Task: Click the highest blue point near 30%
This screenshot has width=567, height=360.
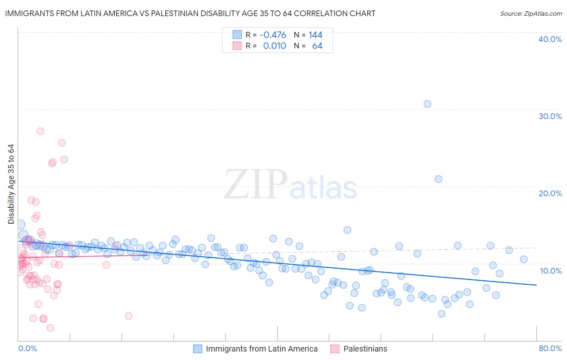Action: pyautogui.click(x=427, y=104)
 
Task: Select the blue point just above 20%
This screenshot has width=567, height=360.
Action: pyautogui.click(x=438, y=179)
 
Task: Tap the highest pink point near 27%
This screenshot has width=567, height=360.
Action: pyautogui.click(x=40, y=131)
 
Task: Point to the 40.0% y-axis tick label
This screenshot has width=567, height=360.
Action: pyautogui.click(x=550, y=39)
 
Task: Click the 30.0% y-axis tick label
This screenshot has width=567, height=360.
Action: pyautogui.click(x=550, y=116)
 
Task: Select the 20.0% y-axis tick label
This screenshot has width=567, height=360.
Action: pyautogui.click(x=550, y=193)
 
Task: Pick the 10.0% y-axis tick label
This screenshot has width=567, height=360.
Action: pyautogui.click(x=551, y=271)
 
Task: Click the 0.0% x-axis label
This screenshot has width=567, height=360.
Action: pyautogui.click(x=27, y=348)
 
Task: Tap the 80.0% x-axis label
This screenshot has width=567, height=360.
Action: pyautogui.click(x=550, y=348)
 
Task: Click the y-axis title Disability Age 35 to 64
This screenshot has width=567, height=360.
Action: pyautogui.click(x=11, y=184)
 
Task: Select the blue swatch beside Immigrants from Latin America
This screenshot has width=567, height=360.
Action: pyautogui.click(x=198, y=349)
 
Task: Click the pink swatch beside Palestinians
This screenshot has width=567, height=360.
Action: pyautogui.click(x=335, y=349)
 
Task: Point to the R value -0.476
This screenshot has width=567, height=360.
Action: pyautogui.click(x=273, y=35)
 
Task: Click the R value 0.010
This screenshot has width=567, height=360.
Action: pyautogui.click(x=275, y=46)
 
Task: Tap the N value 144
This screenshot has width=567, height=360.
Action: pyautogui.click(x=315, y=35)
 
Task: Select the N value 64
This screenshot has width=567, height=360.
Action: pyautogui.click(x=317, y=46)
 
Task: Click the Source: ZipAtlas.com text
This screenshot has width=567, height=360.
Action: pyautogui.click(x=531, y=14)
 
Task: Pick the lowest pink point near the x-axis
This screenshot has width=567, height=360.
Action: pyautogui.click(x=50, y=328)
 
